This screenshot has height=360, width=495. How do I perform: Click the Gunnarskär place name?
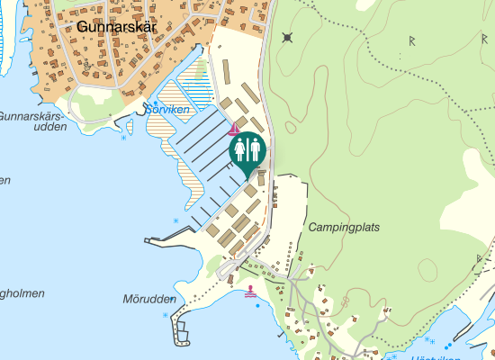tap(116, 27)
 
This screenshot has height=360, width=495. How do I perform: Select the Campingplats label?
tap(344, 228)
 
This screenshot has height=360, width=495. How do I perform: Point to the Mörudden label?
tap(147, 299)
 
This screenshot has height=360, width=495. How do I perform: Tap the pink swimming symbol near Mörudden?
tap(249, 292)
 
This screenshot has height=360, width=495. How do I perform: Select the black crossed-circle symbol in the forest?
tap(287, 37)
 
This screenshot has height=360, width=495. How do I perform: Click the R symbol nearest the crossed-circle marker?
tap(411, 40)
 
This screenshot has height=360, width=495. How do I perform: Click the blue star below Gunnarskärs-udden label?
tap(123, 139)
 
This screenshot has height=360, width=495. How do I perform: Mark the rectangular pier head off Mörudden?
tap(184, 335)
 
